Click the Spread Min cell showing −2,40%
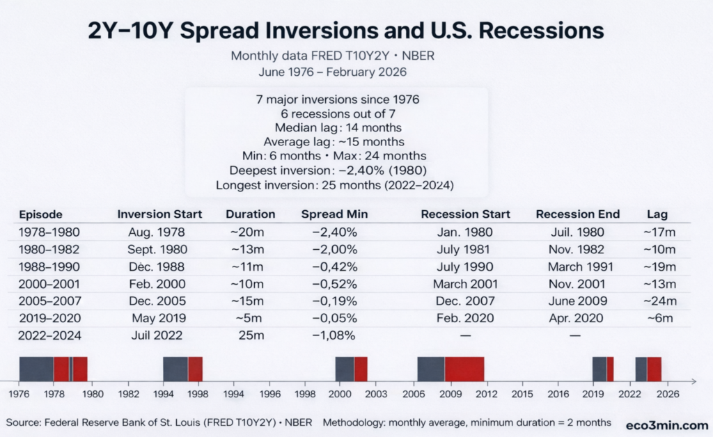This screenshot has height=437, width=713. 334,232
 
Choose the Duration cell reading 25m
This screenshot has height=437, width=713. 249,335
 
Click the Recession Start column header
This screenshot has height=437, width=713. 465,214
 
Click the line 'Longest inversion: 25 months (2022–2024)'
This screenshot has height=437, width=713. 335,186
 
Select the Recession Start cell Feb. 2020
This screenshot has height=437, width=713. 465,318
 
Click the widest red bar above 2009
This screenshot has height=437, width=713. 464,368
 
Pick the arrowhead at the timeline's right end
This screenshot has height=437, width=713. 694,381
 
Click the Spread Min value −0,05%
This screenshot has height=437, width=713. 334,318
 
